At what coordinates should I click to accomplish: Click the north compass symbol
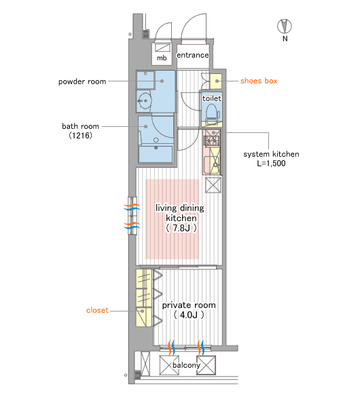coord(285,26)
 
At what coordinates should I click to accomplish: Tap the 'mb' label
coord(162,58)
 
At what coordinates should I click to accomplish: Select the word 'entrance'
coord(192,55)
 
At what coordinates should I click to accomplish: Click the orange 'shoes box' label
coord(259,81)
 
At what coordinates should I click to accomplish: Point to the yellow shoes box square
coord(216,81)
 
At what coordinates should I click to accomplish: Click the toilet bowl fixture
coord(213,115)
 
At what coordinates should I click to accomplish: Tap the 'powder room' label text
coord(82,81)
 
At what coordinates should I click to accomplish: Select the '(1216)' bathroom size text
coord(81,135)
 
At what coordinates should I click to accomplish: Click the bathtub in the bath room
coord(156,154)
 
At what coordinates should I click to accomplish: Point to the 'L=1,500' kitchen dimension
coord(271,164)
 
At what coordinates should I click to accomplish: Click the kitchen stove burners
coord(213,138)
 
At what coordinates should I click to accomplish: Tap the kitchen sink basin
coord(212,165)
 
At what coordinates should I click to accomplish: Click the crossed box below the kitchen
coord(213,185)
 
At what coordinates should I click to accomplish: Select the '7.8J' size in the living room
coord(181,228)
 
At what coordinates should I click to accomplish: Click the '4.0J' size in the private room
coord(189,315)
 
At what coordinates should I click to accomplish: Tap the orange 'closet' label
coord(97,310)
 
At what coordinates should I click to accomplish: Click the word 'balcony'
coord(187,365)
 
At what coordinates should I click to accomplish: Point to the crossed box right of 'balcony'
coord(206,365)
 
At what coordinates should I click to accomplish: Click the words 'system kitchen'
coord(271,154)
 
